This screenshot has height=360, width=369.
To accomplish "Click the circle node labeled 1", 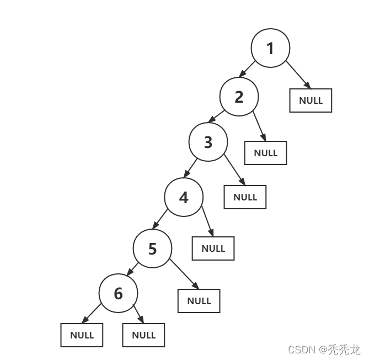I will [270, 49].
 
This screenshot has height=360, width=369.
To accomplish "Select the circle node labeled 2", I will [239, 97].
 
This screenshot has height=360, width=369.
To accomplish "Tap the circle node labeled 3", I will [208, 142].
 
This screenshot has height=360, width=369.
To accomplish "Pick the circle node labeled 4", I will [184, 197].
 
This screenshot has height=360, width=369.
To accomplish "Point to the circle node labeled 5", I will [152, 248].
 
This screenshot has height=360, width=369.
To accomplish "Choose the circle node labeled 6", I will [118, 293].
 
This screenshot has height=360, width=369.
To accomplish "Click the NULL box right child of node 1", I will [311, 100].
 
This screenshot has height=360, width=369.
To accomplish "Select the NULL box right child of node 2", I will [266, 153].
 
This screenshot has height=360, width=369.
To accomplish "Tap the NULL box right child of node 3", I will [245, 197].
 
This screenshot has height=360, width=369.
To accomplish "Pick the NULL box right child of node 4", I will [213, 248].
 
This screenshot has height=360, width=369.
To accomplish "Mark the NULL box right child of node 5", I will [199, 301].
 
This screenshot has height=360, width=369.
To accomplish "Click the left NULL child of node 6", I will [82, 335].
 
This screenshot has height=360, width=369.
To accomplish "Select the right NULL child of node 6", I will [143, 335].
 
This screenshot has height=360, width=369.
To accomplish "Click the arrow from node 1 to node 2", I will [247, 70].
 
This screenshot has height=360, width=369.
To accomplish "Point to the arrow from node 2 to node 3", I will [216, 117].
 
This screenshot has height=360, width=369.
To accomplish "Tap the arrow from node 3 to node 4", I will [191, 167].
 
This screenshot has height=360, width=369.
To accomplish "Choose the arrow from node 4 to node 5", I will [160, 219].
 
